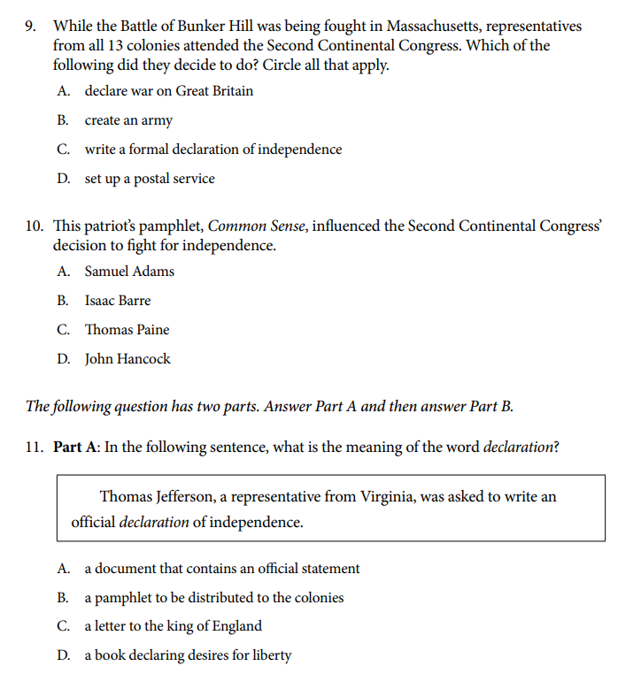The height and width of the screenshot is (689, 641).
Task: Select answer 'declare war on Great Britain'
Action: pyautogui.click(x=168, y=91)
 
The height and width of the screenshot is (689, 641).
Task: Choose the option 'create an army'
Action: pyautogui.click(x=128, y=120)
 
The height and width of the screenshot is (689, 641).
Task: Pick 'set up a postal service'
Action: pyautogui.click(x=149, y=179)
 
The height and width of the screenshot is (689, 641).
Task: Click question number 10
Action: pyautogui.click(x=35, y=226)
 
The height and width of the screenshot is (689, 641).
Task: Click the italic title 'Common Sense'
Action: pyautogui.click(x=257, y=226)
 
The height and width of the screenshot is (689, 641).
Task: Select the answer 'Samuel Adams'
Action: pyautogui.click(x=129, y=272)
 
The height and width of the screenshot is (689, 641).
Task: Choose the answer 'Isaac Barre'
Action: pyautogui.click(x=118, y=301)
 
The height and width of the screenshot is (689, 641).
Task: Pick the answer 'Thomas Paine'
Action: pyautogui.click(x=127, y=330)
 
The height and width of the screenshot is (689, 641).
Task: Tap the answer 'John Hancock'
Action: pyautogui.click(x=127, y=359)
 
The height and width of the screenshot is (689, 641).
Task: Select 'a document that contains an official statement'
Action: pyautogui.click(x=221, y=569)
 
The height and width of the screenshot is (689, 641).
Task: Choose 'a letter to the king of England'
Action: pyautogui.click(x=173, y=626)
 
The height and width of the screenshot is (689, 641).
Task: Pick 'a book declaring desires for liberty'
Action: pyautogui.click(x=188, y=655)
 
